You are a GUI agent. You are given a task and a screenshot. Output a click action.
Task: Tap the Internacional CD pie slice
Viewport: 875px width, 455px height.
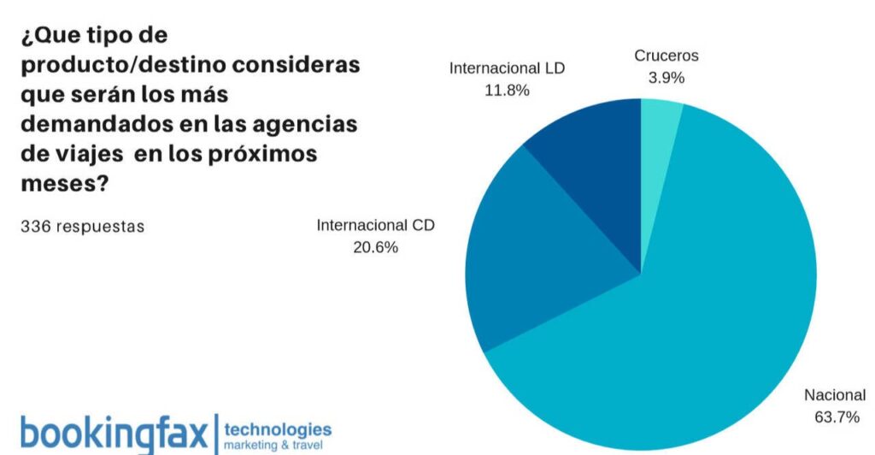click(x=547, y=257)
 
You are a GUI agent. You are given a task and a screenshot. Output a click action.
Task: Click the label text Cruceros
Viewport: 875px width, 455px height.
click(x=666, y=56)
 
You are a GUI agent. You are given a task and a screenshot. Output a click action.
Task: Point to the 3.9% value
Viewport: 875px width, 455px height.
click(x=666, y=77)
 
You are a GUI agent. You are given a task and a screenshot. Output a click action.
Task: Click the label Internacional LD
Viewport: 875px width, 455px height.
click(x=507, y=68)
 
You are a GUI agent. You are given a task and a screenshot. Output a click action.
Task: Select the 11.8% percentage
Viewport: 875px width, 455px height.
click(x=507, y=89)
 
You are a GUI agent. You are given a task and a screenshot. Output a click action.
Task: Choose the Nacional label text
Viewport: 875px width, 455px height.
click(x=834, y=395)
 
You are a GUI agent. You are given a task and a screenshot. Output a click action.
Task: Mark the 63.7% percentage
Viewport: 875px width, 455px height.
click(x=834, y=417)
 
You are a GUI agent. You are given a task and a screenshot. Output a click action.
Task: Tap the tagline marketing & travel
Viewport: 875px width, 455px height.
click(x=273, y=446)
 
